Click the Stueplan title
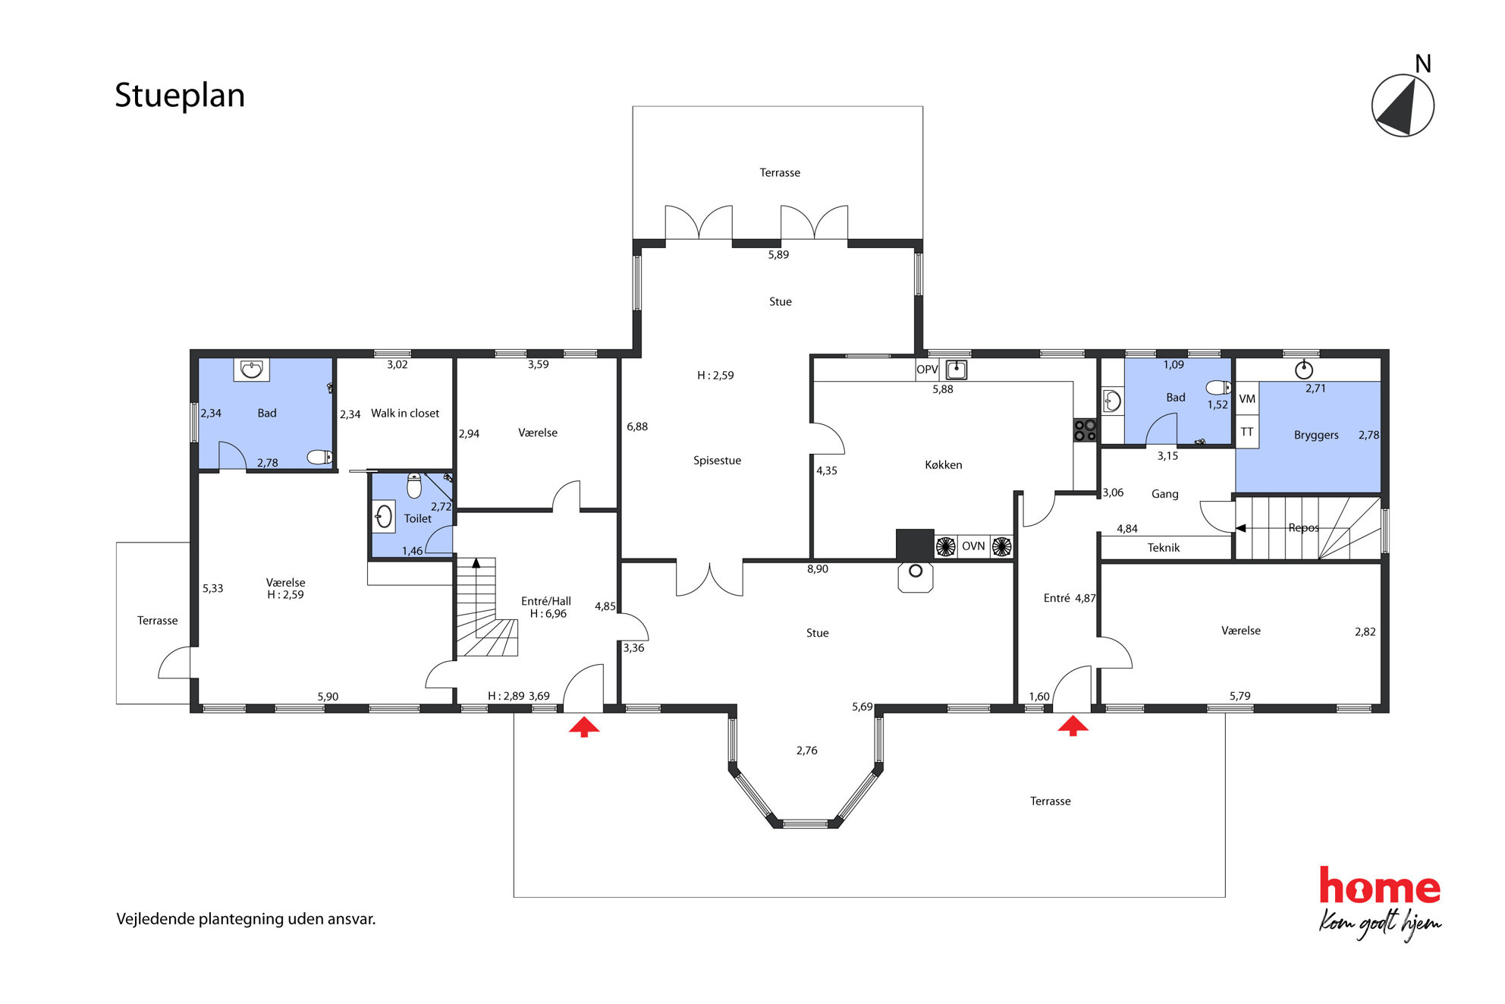[180, 96]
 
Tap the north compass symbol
[1403, 105]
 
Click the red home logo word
[1379, 886]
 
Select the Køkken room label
[943, 465]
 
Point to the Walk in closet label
[405, 414]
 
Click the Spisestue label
[717, 461]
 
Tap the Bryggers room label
[1316, 436]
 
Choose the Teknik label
[1164, 548]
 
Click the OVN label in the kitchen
[973, 546]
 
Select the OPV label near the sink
[927, 370]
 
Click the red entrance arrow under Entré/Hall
[584, 728]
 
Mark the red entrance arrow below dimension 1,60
[1073, 726]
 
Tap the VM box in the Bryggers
[1247, 399]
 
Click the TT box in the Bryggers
[1247, 432]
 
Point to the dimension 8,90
[818, 569]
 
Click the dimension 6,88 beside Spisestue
[637, 427]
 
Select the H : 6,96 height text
[548, 614]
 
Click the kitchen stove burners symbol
[1085, 430]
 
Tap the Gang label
[1165, 495]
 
